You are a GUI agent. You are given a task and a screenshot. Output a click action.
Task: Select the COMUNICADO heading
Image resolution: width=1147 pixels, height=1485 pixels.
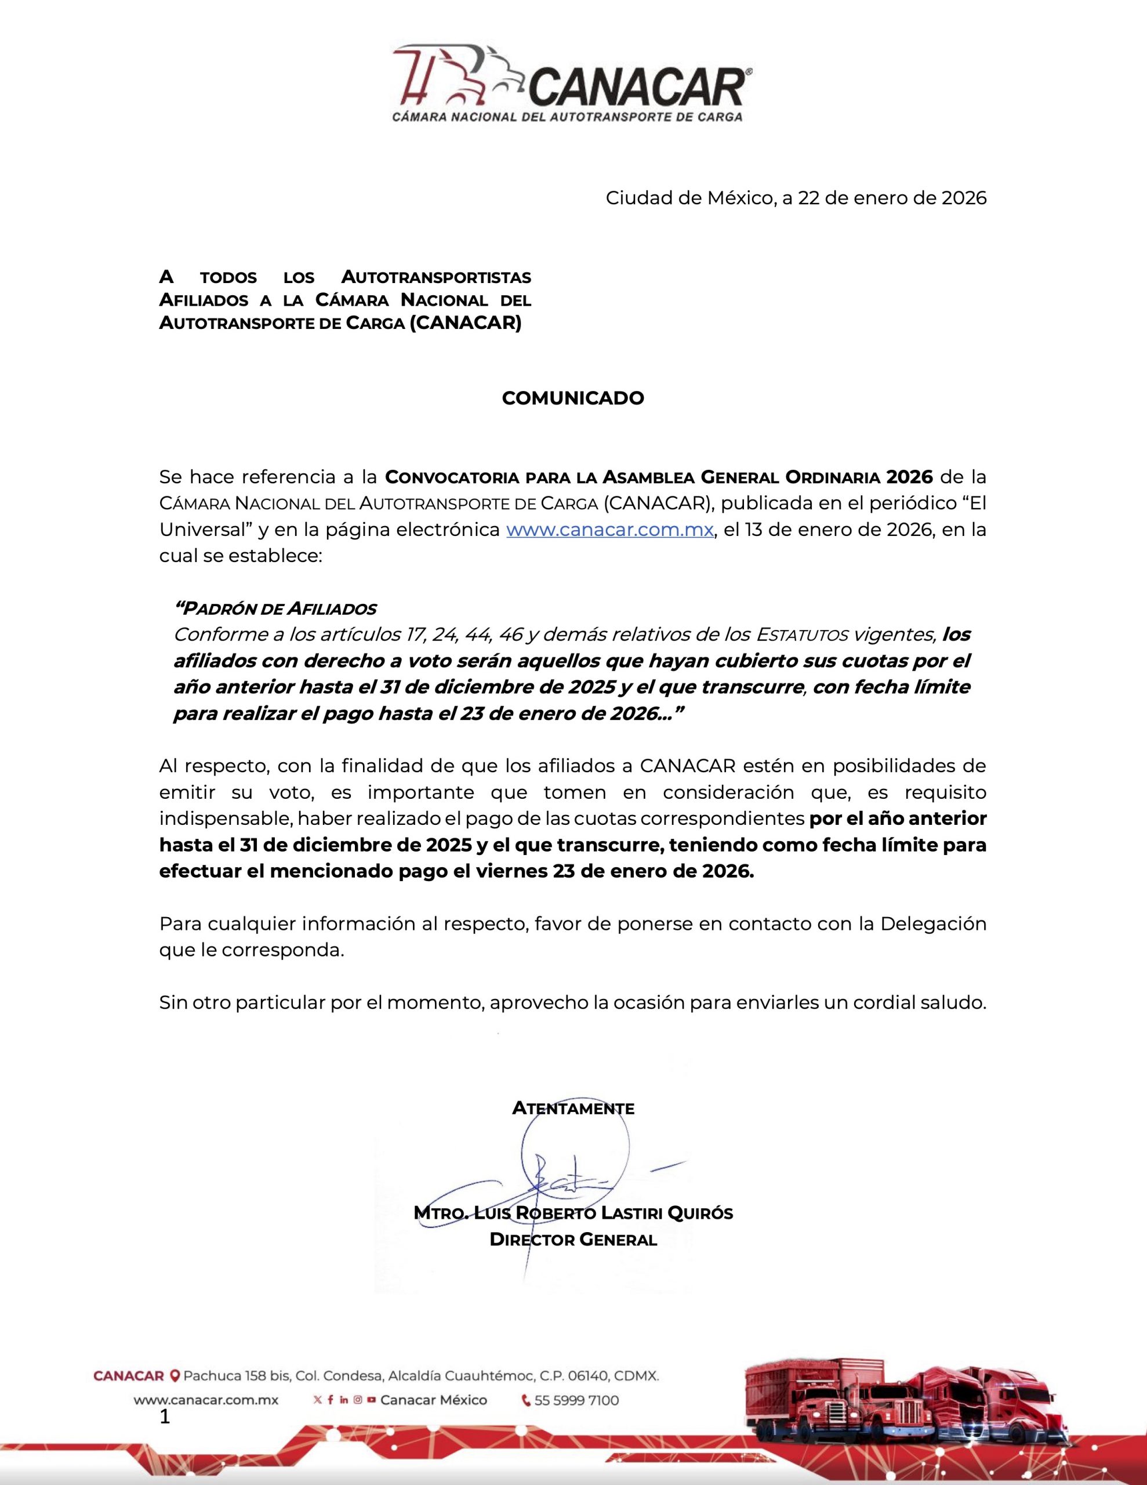572,399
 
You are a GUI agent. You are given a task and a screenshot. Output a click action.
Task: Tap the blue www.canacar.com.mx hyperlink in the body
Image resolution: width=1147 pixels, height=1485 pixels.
609,530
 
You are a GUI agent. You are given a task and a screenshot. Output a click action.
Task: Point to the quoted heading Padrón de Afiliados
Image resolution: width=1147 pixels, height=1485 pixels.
275,608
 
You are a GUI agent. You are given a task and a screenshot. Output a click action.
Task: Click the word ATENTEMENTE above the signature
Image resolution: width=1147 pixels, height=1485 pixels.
572,1109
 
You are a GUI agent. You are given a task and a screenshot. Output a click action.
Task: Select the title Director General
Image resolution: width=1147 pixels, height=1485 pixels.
572,1240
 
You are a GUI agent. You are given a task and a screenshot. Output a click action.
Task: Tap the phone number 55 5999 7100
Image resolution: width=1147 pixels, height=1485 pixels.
576,1400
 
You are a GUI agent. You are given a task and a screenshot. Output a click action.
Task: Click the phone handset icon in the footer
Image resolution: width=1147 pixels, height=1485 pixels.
525,1400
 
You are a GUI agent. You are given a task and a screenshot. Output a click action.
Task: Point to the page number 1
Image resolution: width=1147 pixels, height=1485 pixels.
164,1417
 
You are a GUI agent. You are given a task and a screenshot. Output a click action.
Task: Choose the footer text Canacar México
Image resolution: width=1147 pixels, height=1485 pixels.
433,1400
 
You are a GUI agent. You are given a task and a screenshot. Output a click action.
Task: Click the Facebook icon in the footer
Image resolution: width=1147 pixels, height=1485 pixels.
331,1400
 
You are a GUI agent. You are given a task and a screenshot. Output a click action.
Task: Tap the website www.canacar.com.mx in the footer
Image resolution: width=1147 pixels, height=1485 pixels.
205,1400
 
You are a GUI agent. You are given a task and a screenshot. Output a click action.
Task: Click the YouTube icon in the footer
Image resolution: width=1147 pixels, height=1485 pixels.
371,1400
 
